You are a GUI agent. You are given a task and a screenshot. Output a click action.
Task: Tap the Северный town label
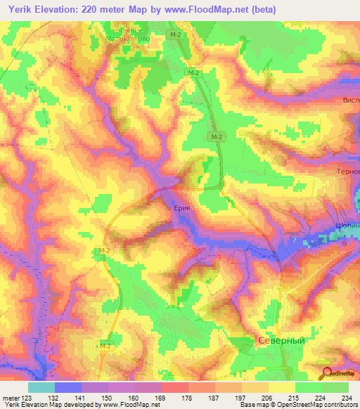[279, 339]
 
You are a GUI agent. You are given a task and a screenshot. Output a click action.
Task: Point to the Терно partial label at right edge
[347, 171]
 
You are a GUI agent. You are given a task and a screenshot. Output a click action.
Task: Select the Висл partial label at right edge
[349, 100]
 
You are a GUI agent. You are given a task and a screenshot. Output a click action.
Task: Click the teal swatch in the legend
[41, 387]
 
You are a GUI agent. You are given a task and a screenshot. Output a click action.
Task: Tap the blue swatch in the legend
[67, 387]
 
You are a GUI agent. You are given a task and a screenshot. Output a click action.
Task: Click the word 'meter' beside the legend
[11, 398]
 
